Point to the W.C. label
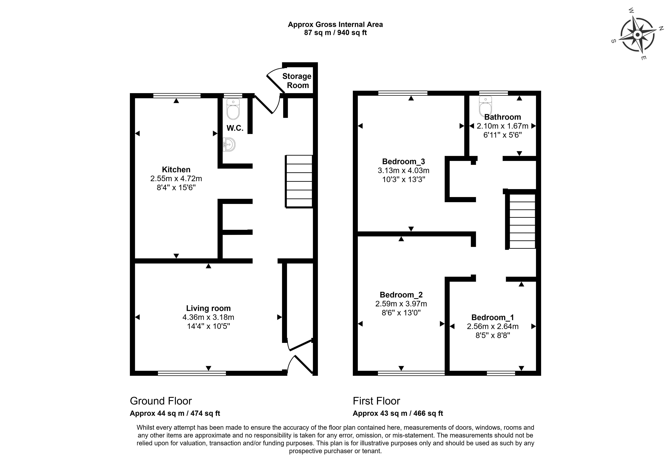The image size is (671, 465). point(235,128)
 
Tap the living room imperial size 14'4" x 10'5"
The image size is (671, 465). point(208,326)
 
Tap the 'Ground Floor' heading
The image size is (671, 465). point(161,401)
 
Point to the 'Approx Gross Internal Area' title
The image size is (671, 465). point(336,25)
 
